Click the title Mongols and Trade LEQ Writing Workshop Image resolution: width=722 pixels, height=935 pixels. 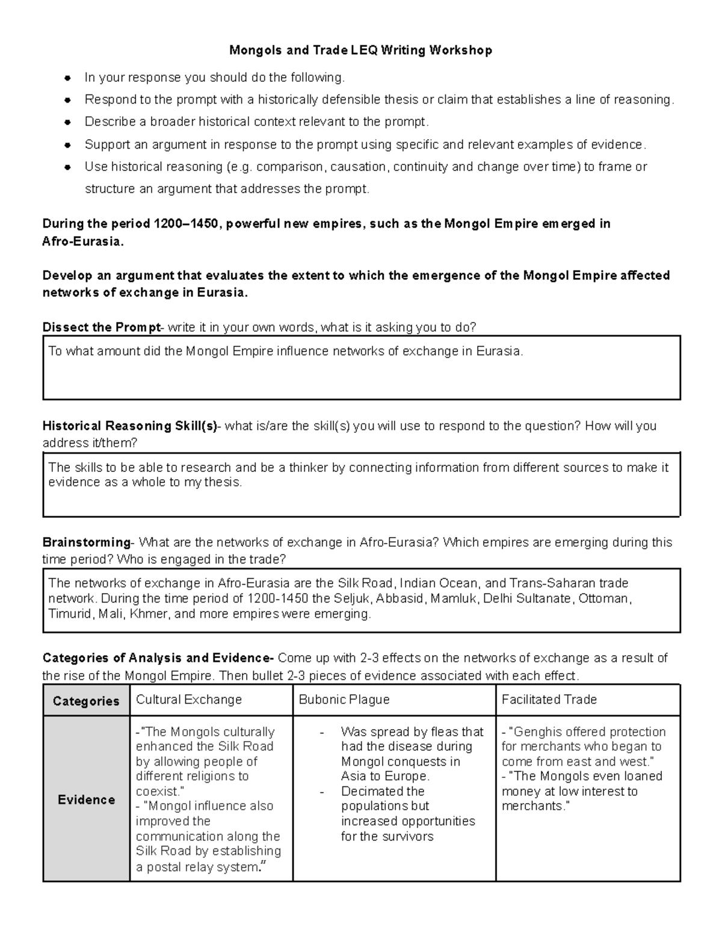point(360,50)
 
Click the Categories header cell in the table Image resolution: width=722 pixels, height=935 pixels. point(86,701)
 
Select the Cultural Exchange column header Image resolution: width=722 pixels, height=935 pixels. point(189,700)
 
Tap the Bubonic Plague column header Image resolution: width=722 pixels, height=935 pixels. point(344,700)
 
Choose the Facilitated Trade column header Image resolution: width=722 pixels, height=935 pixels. point(549,700)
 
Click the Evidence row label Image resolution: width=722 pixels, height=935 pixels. point(86,800)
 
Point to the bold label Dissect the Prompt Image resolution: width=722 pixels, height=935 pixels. point(101,328)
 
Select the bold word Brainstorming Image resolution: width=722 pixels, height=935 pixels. point(86,542)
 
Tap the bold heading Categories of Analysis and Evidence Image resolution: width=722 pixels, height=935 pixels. point(158,658)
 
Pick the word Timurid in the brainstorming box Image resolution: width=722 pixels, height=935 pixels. point(70,614)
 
